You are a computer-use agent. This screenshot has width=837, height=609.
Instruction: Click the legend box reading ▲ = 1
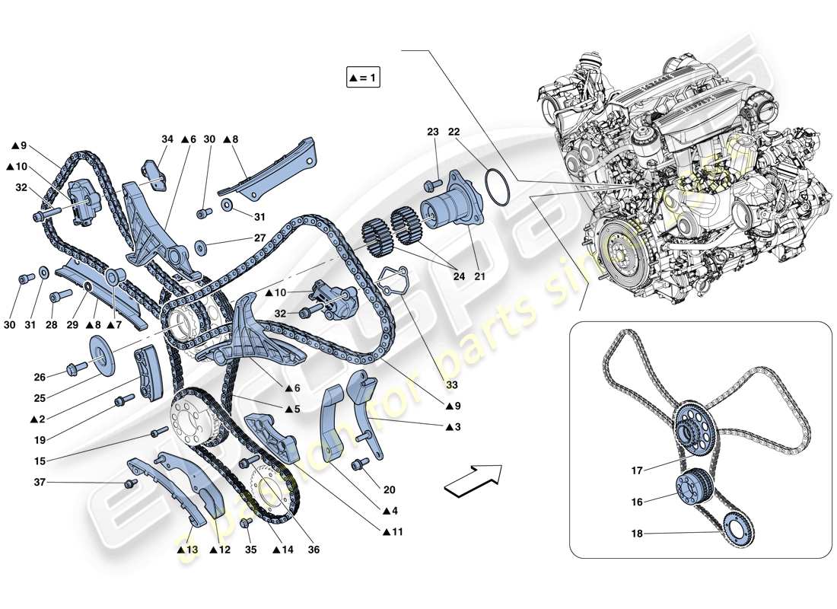coord(364,78)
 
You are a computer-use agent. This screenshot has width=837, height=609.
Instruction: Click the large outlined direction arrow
coord(473,481)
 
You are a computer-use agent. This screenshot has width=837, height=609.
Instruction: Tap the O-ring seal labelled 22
coord(498,187)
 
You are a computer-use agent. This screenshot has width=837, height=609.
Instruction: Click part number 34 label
coord(167,139)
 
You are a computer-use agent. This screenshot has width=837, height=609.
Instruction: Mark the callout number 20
coord(390,489)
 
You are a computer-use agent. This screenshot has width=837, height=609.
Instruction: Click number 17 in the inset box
coord(637,470)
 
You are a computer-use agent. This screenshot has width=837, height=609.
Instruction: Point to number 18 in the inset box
coord(637,534)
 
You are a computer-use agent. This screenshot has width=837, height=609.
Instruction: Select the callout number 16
coord(637,502)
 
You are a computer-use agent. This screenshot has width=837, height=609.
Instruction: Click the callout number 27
coord(260,238)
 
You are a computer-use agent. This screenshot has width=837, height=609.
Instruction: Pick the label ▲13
coord(187,548)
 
